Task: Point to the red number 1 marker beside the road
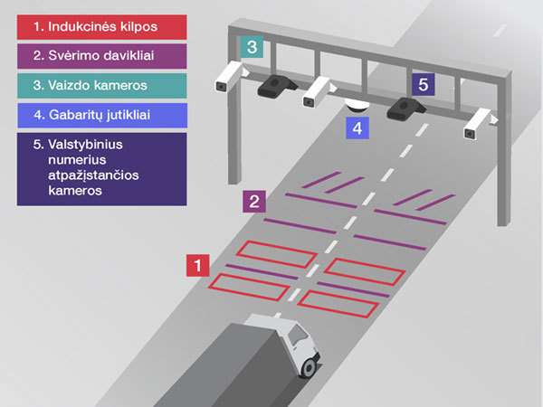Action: point(197,265)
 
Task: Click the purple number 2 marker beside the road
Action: point(254,201)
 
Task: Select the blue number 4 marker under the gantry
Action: point(358,128)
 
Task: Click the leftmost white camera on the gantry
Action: point(227,80)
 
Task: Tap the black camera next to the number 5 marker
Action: point(402,108)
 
